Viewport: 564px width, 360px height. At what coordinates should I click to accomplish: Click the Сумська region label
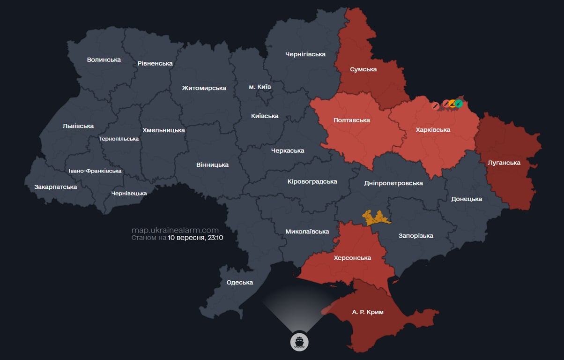(363, 69)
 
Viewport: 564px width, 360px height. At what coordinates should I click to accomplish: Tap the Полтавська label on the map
(351, 120)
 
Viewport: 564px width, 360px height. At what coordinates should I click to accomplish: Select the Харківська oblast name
(433, 129)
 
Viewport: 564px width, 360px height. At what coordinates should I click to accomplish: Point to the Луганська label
(504, 163)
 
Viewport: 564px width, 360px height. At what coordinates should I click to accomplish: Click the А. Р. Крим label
(367, 312)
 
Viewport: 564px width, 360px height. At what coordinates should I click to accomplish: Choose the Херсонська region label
(352, 258)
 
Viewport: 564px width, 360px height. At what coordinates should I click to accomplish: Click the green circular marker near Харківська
(459, 104)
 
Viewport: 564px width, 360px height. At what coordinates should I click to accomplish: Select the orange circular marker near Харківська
(452, 104)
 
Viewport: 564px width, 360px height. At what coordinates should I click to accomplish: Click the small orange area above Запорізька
(375, 217)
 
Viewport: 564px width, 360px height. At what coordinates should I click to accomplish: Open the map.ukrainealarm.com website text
(175, 230)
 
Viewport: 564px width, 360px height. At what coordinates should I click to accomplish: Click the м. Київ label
(260, 87)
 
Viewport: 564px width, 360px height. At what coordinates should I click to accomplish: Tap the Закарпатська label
(55, 187)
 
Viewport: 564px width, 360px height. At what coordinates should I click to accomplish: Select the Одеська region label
(239, 282)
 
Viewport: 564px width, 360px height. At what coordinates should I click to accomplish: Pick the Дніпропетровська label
(393, 183)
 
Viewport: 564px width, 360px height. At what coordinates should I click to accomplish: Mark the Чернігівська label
(305, 54)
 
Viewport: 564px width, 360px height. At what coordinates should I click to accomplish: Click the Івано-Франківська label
(95, 171)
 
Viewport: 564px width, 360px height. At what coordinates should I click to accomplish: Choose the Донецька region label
(467, 199)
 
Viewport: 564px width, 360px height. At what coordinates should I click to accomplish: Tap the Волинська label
(104, 60)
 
